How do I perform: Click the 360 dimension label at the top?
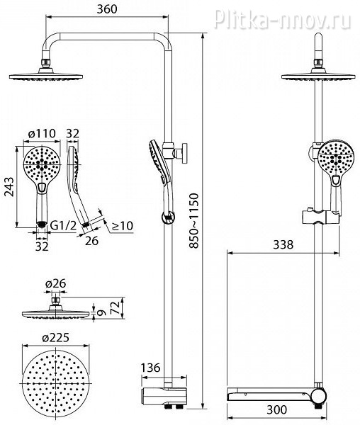click(x=107, y=9)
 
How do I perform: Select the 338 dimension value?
click(x=283, y=245)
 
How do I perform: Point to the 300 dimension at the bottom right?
click(x=276, y=410)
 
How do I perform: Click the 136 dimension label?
click(x=151, y=368)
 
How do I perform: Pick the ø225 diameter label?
click(x=55, y=338)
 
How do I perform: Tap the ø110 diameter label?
click(x=42, y=133)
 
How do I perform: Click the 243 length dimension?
click(x=9, y=187)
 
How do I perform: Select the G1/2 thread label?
click(x=64, y=225)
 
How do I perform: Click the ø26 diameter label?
click(x=55, y=283)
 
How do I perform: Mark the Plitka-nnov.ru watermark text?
click(x=283, y=18)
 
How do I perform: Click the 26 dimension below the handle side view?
click(x=91, y=240)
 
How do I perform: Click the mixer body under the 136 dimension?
click(x=164, y=396)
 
